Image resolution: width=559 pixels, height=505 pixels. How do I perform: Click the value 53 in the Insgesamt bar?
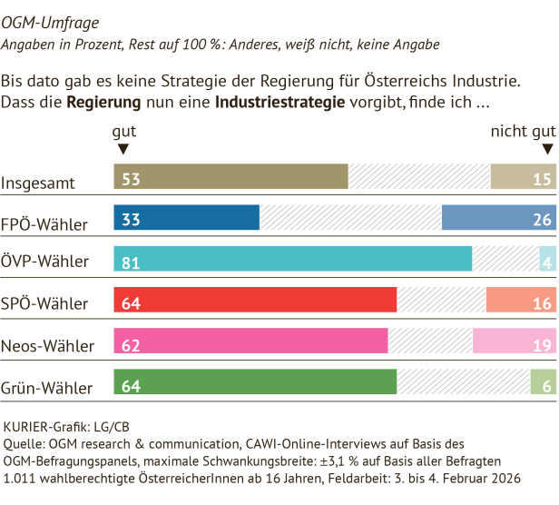pos(131,178)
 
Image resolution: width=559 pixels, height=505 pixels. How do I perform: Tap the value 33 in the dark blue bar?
pos(131,220)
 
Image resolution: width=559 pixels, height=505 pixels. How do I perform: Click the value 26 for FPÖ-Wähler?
pos(543,220)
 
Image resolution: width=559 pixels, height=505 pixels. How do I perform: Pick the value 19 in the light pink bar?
pos(543,345)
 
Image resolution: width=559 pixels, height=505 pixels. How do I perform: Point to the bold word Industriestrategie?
pos(280,101)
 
